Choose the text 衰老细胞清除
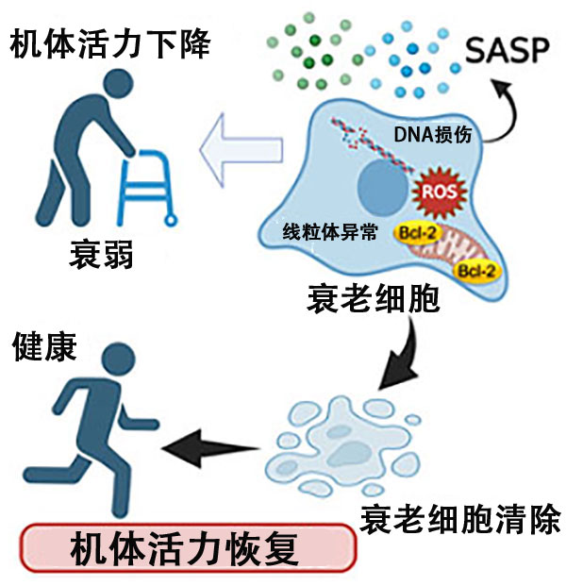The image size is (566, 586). coord(462,517)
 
